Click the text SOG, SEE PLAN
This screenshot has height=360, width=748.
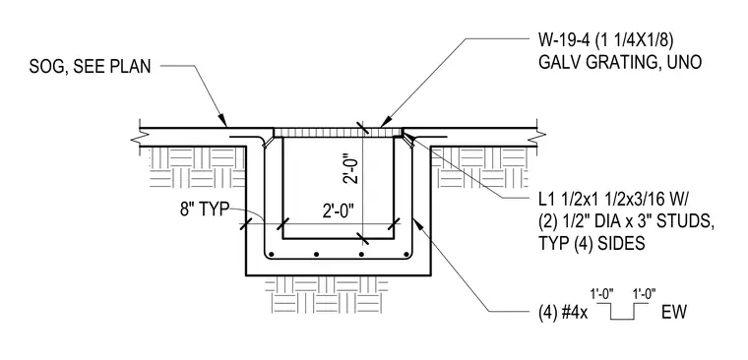click(90, 67)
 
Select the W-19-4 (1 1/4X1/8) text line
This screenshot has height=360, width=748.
click(605, 42)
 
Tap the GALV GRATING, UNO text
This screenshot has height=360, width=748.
click(620, 63)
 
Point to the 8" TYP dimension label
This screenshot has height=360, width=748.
click(205, 210)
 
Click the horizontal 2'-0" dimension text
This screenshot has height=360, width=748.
click(339, 210)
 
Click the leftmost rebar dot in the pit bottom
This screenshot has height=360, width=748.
click(271, 254)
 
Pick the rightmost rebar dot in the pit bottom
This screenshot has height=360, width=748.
click(406, 254)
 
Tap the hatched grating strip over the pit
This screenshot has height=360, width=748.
click(339, 132)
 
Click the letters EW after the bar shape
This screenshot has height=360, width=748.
click(673, 313)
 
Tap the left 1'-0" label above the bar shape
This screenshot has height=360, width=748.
click(601, 293)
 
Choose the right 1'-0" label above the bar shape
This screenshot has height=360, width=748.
click(644, 293)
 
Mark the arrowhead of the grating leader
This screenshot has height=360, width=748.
click(385, 124)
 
